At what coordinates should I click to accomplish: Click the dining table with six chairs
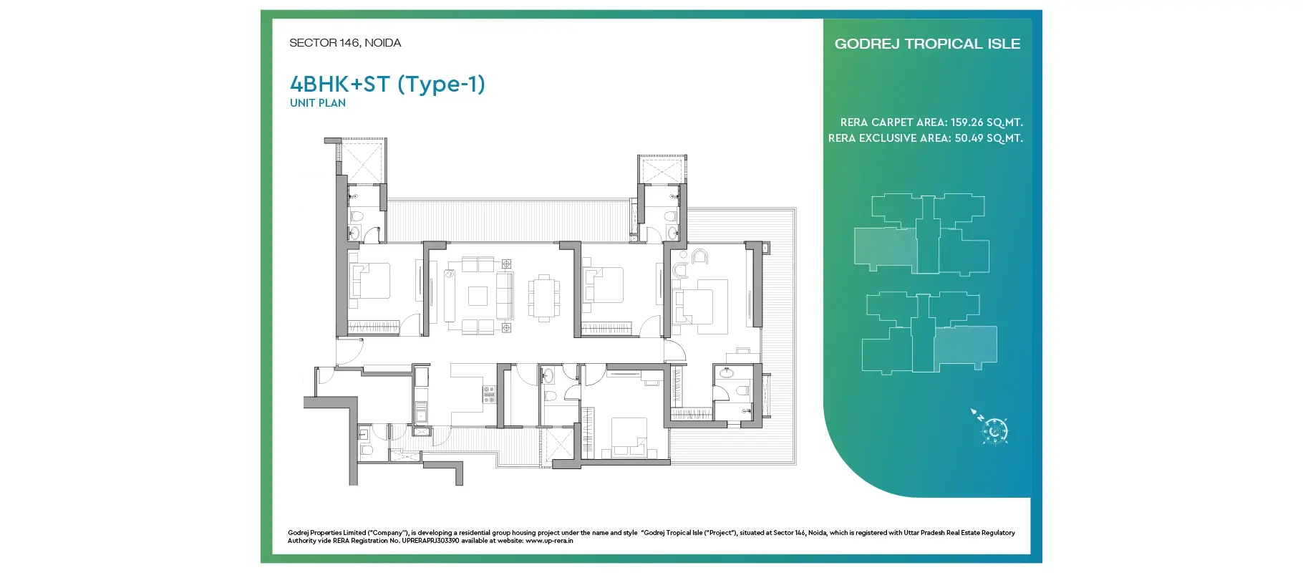(544, 296)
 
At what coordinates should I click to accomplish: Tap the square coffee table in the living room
(478, 296)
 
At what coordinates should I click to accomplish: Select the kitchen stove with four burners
(489, 395)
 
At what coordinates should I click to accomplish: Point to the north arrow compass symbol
(991, 428)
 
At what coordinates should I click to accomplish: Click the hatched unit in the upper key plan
(886, 249)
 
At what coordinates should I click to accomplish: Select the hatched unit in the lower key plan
(965, 346)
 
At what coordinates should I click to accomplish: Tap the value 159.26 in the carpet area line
(966, 122)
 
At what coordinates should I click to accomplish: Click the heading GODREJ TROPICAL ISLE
(927, 44)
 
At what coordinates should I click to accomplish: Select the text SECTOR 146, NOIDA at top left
(345, 43)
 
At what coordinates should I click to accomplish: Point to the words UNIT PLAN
(318, 103)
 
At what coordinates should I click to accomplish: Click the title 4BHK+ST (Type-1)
(387, 85)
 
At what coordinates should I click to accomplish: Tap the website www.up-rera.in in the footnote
(549, 541)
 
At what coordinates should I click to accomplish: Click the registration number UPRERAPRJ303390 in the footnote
(430, 541)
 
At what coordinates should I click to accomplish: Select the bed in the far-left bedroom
(369, 281)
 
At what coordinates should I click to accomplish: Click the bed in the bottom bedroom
(629, 436)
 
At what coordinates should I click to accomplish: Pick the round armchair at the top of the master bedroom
(699, 256)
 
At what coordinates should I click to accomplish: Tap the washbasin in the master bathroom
(727, 372)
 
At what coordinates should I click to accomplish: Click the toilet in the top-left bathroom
(357, 216)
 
